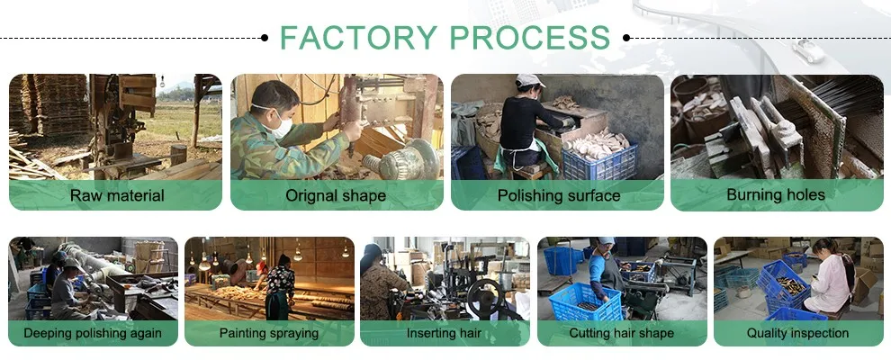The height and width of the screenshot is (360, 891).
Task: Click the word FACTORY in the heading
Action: [358, 37]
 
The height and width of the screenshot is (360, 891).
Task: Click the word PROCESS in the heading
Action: [530, 37]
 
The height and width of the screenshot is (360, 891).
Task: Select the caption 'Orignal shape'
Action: [336, 195]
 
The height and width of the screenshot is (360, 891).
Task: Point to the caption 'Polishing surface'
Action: [558, 195]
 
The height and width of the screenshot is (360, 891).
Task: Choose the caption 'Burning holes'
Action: [776, 195]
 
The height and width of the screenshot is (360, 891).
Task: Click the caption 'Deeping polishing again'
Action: [93, 333]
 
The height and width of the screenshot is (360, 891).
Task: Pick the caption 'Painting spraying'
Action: [268, 333]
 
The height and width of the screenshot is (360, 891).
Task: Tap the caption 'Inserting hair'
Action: [445, 333]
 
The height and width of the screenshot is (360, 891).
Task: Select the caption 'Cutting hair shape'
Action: [621, 333]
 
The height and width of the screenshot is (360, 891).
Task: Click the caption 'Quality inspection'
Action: [797, 333]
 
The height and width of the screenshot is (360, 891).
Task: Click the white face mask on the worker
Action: [281, 127]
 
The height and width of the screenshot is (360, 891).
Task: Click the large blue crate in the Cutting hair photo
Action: [584, 302]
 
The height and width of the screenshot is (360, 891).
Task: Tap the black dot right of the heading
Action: [626, 38]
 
